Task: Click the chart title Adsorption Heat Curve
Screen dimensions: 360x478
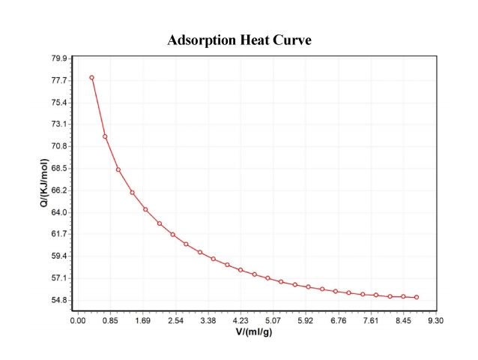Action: pyautogui.click(x=239, y=40)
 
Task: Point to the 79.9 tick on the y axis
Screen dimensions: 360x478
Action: pyautogui.click(x=59, y=58)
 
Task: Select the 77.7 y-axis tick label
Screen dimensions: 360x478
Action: pyautogui.click(x=59, y=80)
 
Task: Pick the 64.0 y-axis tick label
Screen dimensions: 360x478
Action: pyautogui.click(x=59, y=212)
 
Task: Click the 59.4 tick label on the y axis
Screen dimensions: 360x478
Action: pyautogui.click(x=59, y=256)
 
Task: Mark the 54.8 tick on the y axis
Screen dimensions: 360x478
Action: pyautogui.click(x=59, y=300)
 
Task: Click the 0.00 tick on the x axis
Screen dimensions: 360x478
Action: pyautogui.click(x=78, y=320)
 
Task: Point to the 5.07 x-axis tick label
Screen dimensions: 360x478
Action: pyautogui.click(x=273, y=320)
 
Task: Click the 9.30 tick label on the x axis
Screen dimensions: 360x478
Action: pyautogui.click(x=435, y=320)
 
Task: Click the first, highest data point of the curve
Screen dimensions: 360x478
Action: pyautogui.click(x=91, y=77)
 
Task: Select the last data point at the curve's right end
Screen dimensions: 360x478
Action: pyautogui.click(x=417, y=298)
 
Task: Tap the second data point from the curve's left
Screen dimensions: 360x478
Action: pyautogui.click(x=105, y=136)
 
